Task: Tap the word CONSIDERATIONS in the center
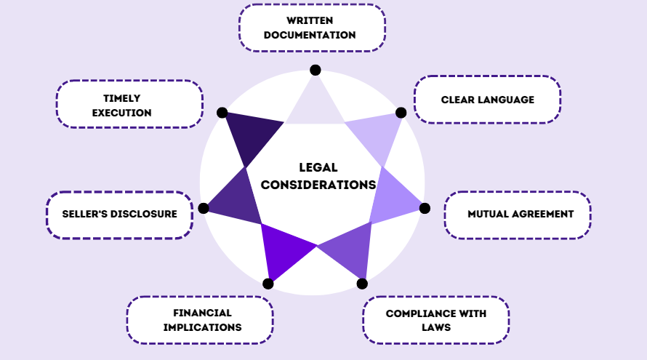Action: [x=318, y=185]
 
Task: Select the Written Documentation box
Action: [x=312, y=28]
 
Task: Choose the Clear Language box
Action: [x=487, y=100]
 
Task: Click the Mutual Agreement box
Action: [x=518, y=215]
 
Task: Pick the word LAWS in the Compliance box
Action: [x=436, y=327]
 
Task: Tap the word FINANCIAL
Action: [x=202, y=313]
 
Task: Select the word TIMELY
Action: [x=121, y=98]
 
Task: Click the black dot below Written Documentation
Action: [x=316, y=71]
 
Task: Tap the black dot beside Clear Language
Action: [x=401, y=113]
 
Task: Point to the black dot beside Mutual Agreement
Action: [x=425, y=209]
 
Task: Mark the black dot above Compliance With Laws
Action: [x=362, y=284]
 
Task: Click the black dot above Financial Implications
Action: [x=268, y=284]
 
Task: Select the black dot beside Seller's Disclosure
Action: [x=204, y=209]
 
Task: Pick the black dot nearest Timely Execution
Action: [x=222, y=113]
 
